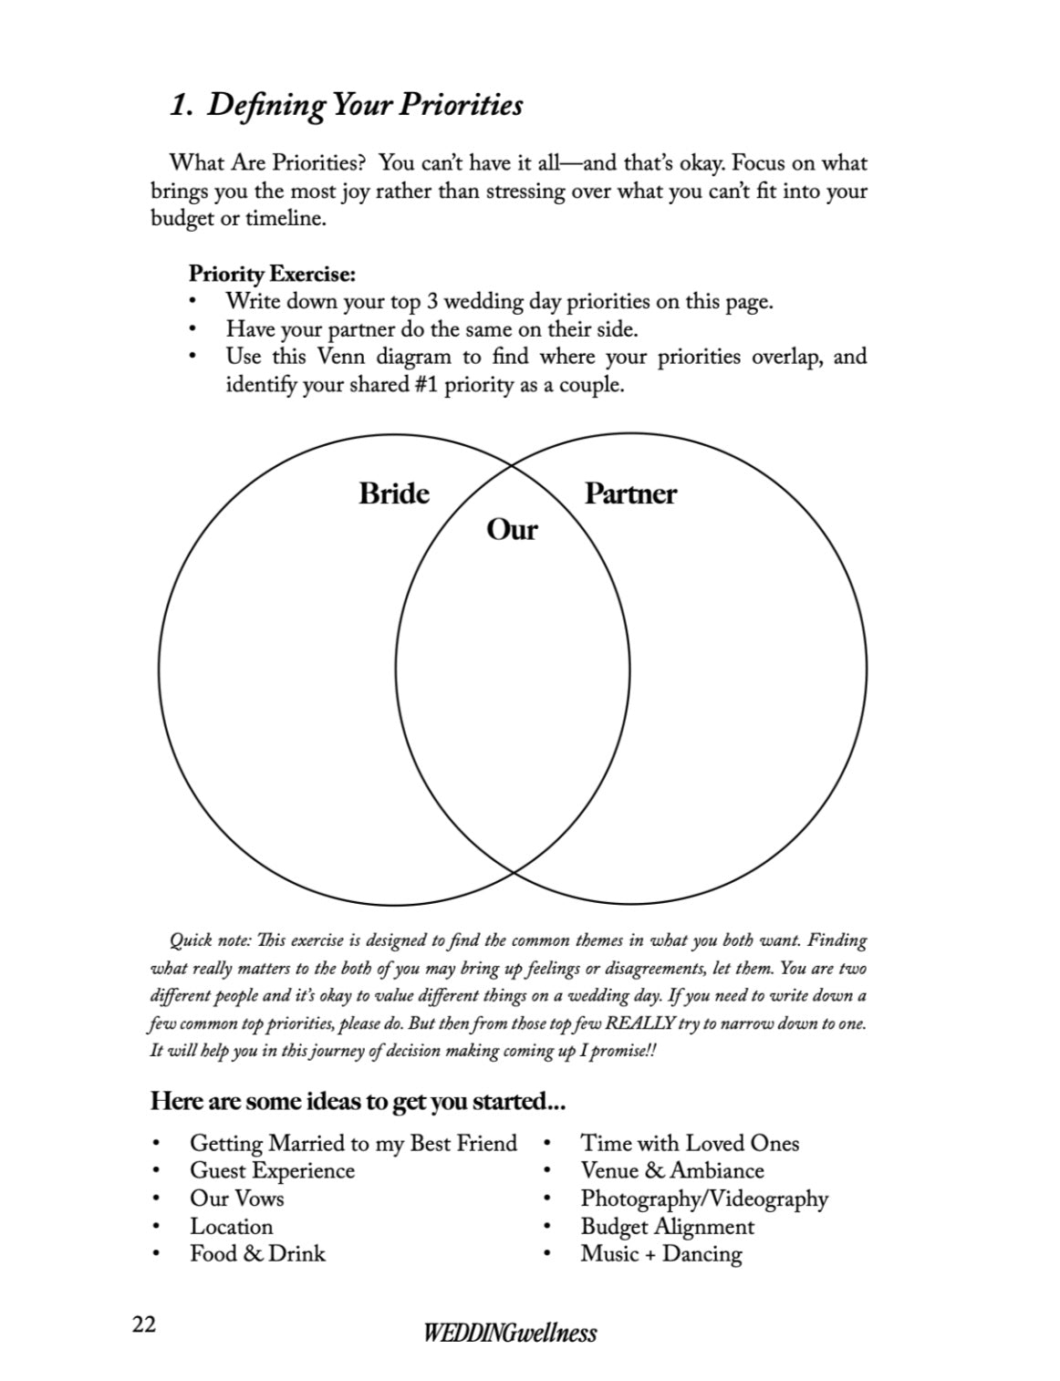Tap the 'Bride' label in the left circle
[x=393, y=493]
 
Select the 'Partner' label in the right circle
[x=629, y=493]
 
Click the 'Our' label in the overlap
[x=512, y=529]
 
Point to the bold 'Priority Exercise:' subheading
[x=272, y=273]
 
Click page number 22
[x=144, y=1324]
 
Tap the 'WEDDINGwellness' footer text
[x=510, y=1333]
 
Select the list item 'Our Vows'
[x=236, y=1199]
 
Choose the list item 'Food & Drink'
[x=257, y=1253]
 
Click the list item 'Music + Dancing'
[x=660, y=1253]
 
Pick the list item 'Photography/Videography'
[x=704, y=1199]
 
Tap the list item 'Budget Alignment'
[x=667, y=1227]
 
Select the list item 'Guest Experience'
[x=272, y=1170]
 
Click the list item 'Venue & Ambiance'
[x=671, y=1170]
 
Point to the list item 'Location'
[x=231, y=1227]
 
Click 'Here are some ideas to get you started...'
[x=358, y=1101]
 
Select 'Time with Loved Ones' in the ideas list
[x=690, y=1143]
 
